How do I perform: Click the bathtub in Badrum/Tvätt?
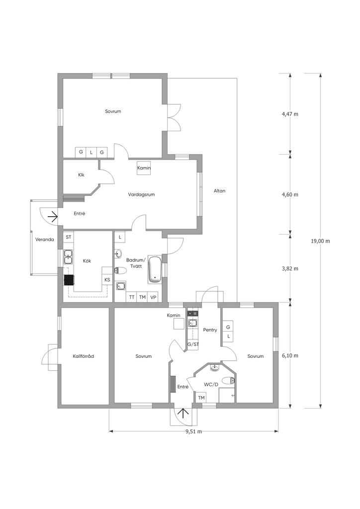pos(155,269)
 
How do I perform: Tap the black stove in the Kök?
pos(69,280)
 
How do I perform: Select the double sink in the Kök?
pos(68,256)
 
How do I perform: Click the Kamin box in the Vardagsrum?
pos(144,168)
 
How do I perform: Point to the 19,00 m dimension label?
pos(320,241)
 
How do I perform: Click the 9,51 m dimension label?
pos(194,431)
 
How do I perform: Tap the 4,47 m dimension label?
pos(290,114)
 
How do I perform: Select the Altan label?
pos(219,191)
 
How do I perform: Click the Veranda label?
pos(45,240)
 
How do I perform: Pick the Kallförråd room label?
pos(84,356)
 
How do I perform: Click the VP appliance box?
pos(153,297)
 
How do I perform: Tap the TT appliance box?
pos(131,297)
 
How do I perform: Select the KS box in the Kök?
pos(107,280)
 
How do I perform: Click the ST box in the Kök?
pos(69,237)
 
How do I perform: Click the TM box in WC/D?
pos(201,397)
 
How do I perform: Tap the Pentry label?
pos(210,330)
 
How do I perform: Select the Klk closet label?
pos(81,174)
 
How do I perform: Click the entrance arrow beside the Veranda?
pos(53,216)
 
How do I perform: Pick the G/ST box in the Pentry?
pos(193,344)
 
